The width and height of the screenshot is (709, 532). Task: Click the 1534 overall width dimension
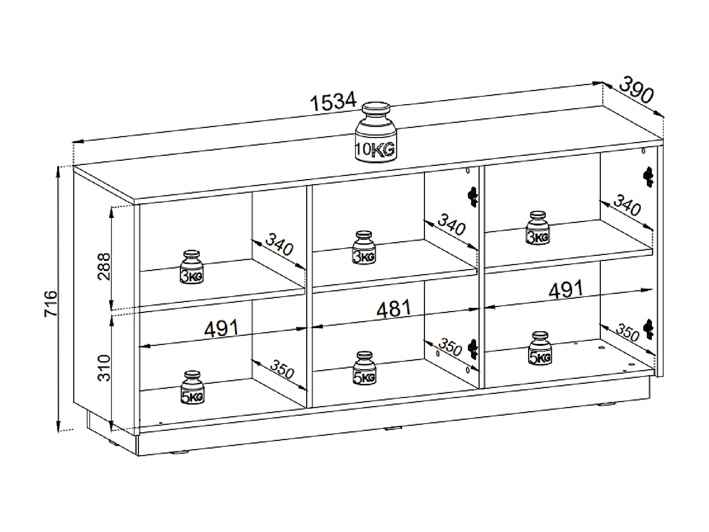point(334,102)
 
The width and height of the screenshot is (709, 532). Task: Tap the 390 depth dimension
point(636,90)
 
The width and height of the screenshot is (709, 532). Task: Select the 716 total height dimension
point(51,303)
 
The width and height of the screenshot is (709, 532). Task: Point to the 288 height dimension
point(104,267)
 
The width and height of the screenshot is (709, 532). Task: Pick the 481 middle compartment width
point(394,308)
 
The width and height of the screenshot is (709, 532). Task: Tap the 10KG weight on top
point(375,132)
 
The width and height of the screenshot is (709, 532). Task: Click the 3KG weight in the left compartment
point(192,267)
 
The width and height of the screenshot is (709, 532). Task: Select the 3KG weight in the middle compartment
point(364,248)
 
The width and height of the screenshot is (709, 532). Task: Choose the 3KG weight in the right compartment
point(538,228)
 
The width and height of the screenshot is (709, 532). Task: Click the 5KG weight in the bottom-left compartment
point(193,387)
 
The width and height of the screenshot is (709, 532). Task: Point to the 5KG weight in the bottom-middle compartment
point(364,369)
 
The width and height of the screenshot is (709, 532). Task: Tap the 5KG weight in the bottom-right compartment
point(540,348)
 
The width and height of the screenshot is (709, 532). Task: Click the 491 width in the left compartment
point(221,328)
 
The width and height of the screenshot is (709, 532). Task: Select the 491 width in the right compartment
point(566,289)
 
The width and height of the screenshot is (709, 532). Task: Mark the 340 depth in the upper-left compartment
point(279,244)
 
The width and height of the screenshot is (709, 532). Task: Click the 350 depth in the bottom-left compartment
point(282,369)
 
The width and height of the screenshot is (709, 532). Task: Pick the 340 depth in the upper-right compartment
point(627,205)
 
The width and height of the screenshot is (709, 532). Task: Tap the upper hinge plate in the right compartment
point(648,177)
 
